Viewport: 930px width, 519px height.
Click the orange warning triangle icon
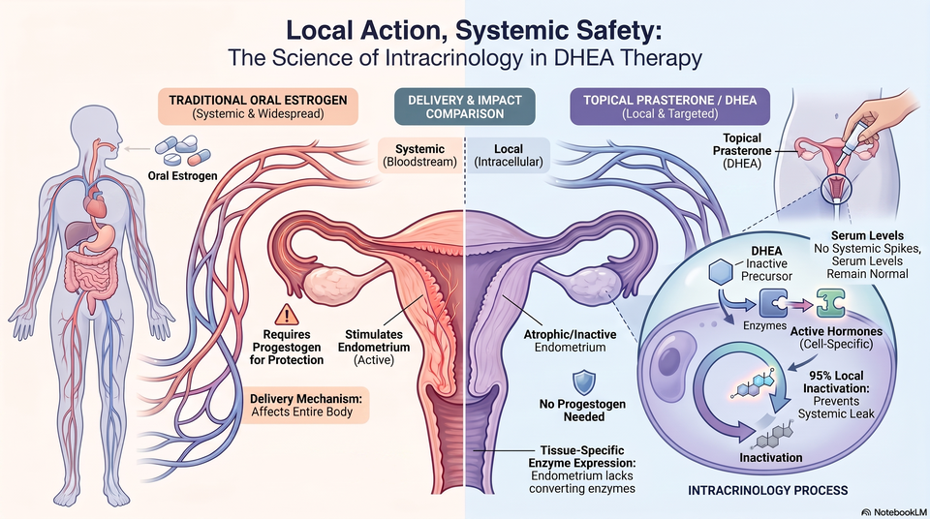pos(287,315)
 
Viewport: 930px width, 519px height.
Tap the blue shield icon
pos(583,382)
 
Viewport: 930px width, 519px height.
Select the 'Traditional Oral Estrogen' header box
pos(258,107)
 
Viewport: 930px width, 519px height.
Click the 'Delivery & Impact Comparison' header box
pos(465,107)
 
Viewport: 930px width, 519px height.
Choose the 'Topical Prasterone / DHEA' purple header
pos(670,107)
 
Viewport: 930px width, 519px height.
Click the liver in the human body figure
pos(77,233)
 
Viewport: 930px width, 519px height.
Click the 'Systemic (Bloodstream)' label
pos(419,155)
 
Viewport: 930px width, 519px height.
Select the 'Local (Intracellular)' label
pos(509,155)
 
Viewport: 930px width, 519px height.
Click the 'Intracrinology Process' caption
pos(767,491)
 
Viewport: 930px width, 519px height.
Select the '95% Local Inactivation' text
pos(836,382)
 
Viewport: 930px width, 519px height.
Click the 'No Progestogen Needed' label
pos(582,411)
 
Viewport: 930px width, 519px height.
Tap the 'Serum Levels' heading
pos(867,235)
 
